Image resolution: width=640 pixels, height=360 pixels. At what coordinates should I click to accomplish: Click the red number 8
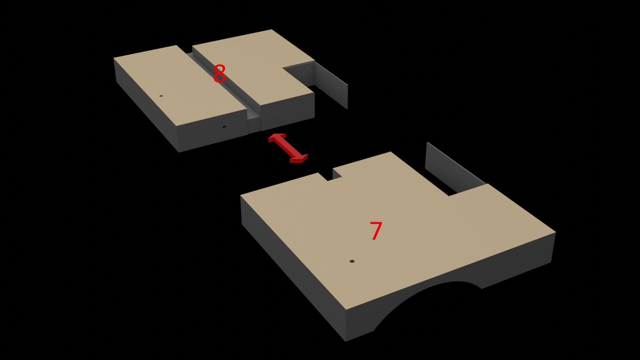coord(219,74)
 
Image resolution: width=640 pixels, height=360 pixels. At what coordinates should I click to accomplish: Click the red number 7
coord(376,231)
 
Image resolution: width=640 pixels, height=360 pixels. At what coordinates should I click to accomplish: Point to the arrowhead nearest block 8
coord(277,137)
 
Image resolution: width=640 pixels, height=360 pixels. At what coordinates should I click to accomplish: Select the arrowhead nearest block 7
coord(299,159)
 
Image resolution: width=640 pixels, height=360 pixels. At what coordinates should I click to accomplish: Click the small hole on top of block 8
coord(161,96)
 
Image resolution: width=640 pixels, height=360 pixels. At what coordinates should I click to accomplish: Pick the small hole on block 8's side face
coord(224,127)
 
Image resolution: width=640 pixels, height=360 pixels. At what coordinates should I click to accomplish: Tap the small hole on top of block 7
coord(352,261)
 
